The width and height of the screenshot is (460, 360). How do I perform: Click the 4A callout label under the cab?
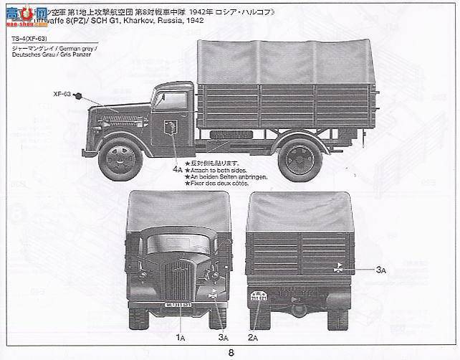point(176,170)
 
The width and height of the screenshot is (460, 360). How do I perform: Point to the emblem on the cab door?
point(171,129)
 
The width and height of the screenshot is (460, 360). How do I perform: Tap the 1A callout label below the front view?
point(180,336)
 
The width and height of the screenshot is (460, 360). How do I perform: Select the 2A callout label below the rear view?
point(252,336)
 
